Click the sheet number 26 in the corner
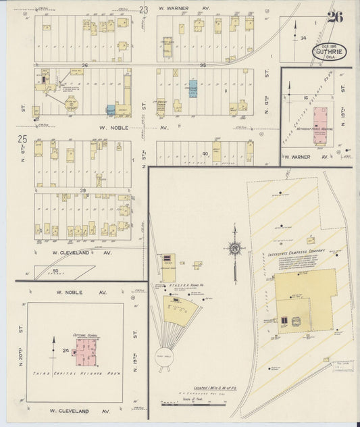point(334,18)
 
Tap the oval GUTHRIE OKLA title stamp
point(330,52)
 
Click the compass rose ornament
point(234,248)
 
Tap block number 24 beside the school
point(66,350)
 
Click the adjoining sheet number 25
point(22,139)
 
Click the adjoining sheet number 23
point(143,9)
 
